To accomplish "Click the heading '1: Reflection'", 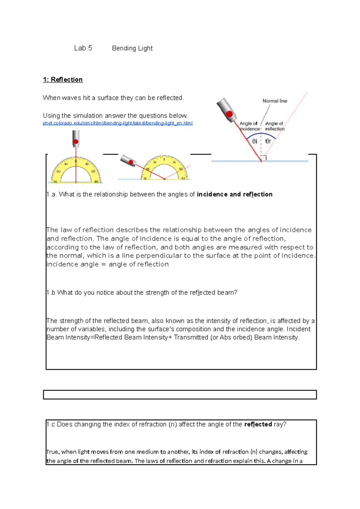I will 63,79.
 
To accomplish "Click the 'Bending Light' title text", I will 132,48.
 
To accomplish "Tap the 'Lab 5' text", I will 83,48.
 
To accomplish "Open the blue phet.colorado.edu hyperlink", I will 118,123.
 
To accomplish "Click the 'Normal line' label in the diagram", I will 275,101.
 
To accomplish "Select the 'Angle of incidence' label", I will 249,126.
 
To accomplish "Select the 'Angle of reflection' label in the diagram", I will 274,126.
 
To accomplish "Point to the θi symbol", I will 255,141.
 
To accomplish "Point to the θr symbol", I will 268,141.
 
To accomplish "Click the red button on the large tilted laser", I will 229,114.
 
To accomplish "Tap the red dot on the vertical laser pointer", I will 76,142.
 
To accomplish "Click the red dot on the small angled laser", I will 131,162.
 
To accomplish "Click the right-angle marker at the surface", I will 264,158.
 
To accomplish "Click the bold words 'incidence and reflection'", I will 235,194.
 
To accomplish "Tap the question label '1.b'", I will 51,293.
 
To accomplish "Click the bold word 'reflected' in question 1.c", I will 258,424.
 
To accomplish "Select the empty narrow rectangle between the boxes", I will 180,395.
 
